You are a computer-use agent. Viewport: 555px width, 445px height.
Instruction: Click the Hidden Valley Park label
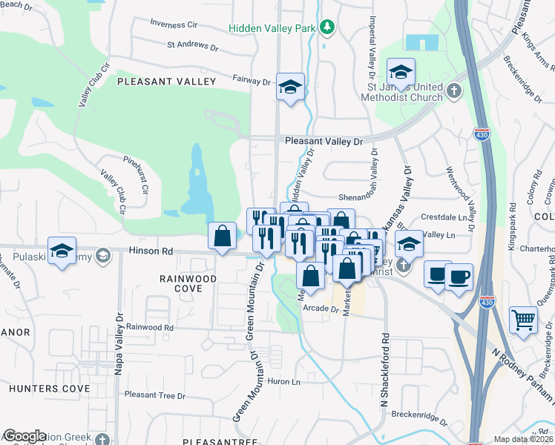click(273, 27)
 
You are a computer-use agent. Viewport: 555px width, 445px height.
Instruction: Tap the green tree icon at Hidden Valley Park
click(326, 27)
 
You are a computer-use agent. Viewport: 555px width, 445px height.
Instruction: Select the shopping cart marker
click(523, 320)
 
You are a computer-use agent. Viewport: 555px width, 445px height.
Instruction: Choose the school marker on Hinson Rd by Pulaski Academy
click(62, 251)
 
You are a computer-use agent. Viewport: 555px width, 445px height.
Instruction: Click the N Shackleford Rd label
click(384, 371)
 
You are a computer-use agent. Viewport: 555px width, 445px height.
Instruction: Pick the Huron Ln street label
click(283, 381)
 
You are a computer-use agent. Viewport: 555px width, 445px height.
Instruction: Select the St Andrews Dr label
click(193, 45)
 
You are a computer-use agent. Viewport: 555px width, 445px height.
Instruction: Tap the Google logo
click(24, 436)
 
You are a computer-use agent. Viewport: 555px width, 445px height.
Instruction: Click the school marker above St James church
click(401, 72)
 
